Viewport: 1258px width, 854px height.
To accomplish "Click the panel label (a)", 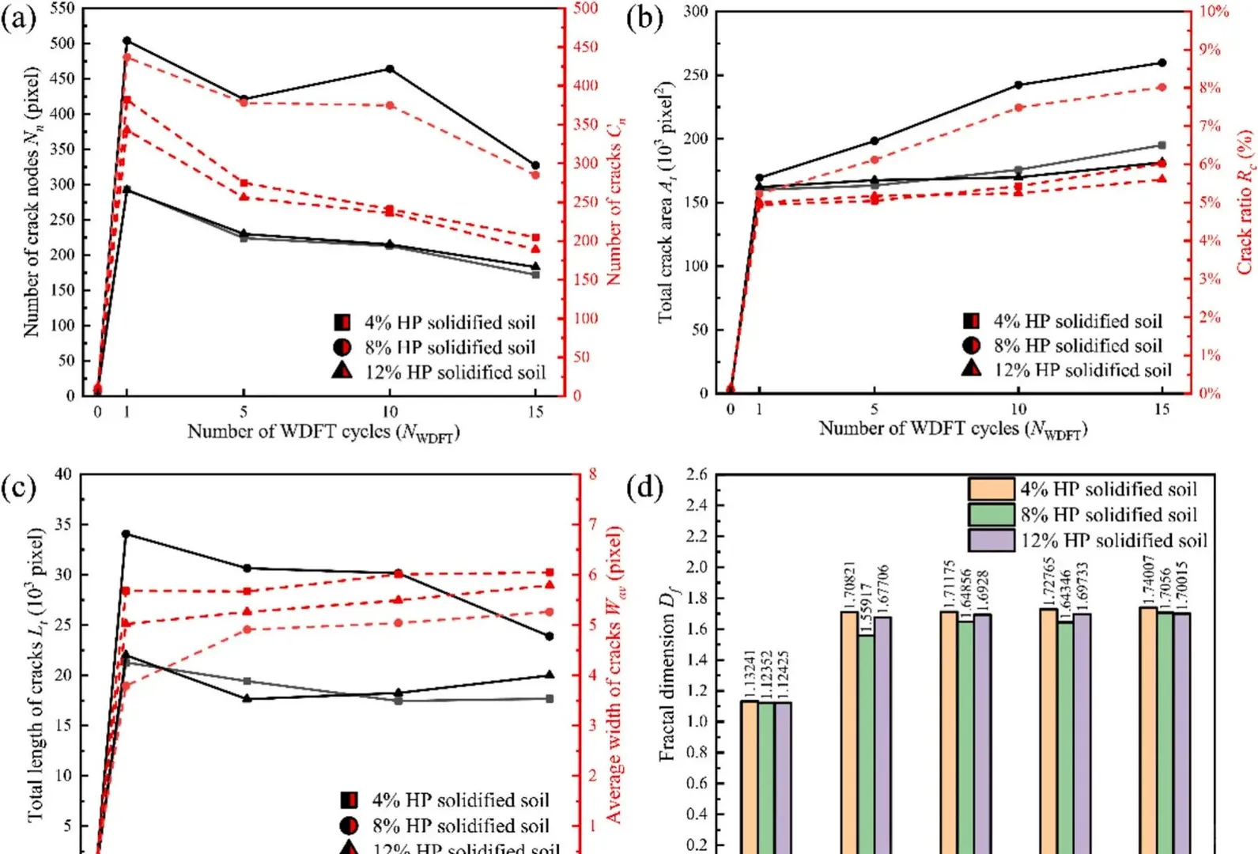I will [19, 18].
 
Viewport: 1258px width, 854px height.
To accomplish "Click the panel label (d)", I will [644, 487].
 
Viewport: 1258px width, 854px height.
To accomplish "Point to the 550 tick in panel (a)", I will [62, 9].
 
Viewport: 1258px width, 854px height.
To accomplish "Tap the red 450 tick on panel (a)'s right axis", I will [585, 47].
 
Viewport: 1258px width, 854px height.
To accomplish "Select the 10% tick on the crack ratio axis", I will [1214, 11].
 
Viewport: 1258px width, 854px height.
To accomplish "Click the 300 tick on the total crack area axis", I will [696, 12].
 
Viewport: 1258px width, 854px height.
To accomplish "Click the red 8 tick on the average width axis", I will [592, 474].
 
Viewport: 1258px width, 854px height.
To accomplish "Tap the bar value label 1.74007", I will [1148, 580].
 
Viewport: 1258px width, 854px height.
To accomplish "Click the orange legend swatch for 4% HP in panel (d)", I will [991, 489].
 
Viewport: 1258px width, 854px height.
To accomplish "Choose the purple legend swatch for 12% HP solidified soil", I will [991, 540].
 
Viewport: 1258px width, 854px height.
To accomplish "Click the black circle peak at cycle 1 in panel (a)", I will [127, 40].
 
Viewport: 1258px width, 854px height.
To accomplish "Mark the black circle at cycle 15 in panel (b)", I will [1162, 62].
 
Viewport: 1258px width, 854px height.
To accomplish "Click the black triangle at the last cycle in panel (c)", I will [550, 675].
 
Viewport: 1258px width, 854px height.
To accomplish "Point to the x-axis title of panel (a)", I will [323, 433].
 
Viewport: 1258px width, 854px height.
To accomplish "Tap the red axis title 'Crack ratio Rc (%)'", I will [1245, 202].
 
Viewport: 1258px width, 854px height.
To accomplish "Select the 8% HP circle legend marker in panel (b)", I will [972, 346].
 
